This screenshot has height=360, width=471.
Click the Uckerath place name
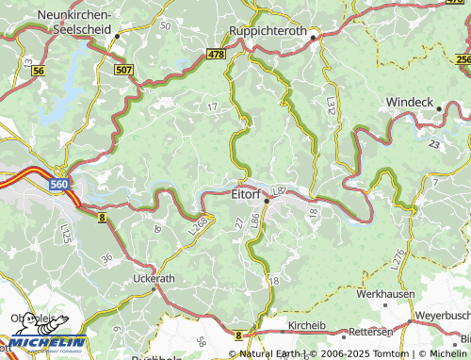tap(154, 279)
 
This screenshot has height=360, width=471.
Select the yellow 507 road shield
tap(123, 70)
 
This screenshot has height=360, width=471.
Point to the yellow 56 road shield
tap(38, 71)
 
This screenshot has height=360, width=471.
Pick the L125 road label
tap(64, 232)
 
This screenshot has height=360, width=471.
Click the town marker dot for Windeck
tap(439, 109)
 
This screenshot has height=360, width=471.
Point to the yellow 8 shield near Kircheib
tap(239, 335)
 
